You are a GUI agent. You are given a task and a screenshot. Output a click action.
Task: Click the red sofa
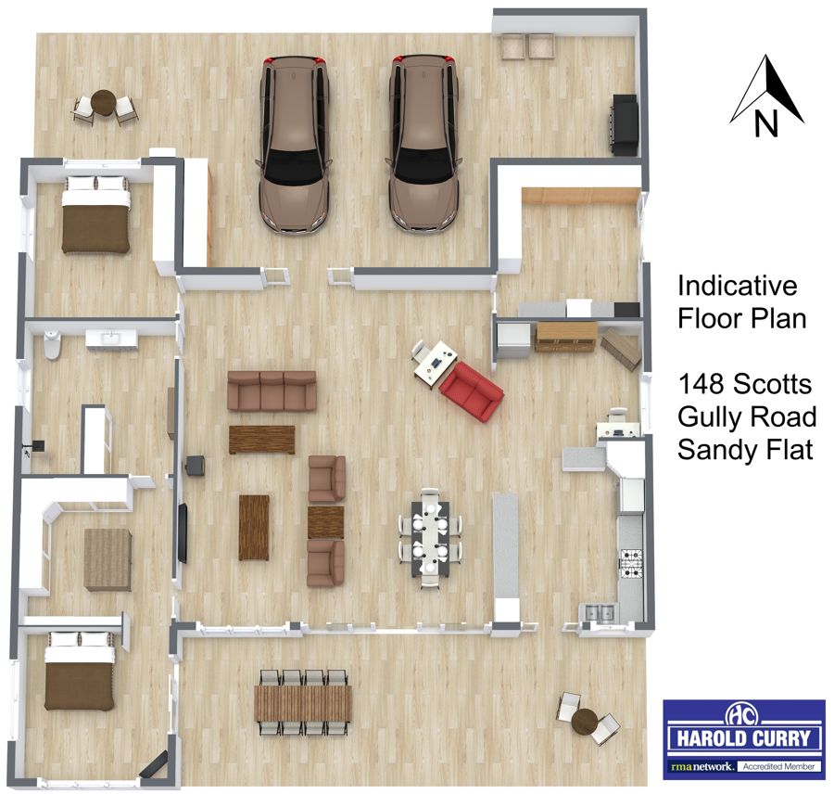coord(472,391)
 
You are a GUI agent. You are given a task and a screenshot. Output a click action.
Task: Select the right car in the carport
coord(424,144)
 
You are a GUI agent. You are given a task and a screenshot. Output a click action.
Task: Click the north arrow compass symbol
coord(766,96)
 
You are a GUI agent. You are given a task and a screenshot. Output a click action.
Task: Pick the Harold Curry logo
coord(743,738)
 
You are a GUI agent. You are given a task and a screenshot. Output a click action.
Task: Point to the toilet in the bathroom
coord(52,344)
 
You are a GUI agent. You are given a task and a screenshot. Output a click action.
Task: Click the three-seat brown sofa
coord(272,391)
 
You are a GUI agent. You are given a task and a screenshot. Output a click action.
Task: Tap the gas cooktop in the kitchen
coord(631,563)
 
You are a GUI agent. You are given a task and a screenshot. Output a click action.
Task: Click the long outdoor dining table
coord(303,703)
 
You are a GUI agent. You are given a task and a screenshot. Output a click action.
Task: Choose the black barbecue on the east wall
coord(625,125)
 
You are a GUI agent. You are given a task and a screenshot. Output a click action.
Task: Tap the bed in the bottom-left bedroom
coord(80,671)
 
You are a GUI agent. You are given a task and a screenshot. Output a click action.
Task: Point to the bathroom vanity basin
coord(112,339)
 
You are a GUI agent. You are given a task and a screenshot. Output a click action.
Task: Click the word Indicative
coord(738,286)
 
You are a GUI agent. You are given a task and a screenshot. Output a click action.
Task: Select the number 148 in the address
coord(700,384)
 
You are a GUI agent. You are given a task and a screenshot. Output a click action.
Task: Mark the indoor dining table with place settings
coord(430,538)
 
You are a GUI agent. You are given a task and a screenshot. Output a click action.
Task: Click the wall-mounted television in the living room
coord(183,533)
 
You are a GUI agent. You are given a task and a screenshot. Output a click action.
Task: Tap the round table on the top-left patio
coord(103,102)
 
